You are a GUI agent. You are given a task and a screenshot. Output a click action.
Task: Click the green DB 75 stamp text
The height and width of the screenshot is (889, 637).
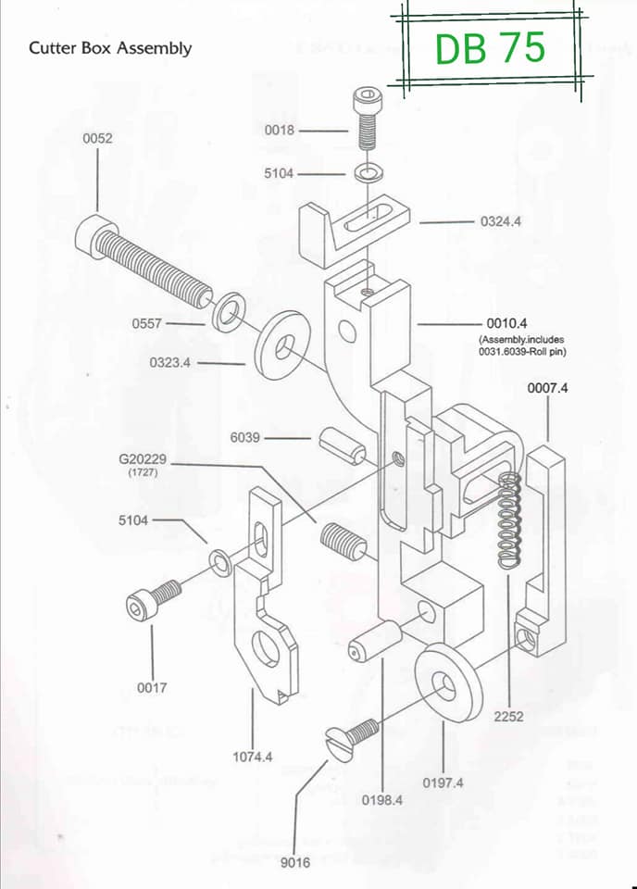[x=490, y=47]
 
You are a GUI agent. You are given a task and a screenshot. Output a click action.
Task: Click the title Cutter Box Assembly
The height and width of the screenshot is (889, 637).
[x=110, y=48]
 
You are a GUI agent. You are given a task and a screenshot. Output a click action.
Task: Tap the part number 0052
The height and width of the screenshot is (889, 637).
[x=97, y=138]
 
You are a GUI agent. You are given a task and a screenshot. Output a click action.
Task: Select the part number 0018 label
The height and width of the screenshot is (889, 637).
[x=280, y=131]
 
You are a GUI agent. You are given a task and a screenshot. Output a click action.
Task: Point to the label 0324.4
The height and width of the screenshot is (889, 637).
[x=500, y=221]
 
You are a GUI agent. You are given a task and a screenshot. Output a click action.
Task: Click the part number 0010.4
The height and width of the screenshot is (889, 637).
[x=506, y=323]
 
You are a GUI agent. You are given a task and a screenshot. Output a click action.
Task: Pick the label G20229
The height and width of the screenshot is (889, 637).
[x=143, y=459]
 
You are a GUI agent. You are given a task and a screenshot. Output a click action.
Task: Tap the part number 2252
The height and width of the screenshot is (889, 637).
[x=508, y=717]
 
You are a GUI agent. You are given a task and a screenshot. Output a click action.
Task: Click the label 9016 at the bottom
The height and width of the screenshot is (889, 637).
[x=295, y=862]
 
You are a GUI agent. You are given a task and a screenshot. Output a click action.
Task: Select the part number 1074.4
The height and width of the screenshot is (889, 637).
[x=252, y=757]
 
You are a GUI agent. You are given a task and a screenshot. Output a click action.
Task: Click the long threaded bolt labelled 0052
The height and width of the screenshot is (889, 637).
[x=144, y=261]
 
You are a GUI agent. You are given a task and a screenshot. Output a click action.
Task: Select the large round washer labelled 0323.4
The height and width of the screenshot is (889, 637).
[x=283, y=344]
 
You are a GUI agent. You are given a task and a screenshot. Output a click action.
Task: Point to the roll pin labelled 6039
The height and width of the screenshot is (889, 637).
[x=343, y=446]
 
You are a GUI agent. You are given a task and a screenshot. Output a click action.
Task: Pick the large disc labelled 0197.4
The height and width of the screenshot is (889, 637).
[x=448, y=682]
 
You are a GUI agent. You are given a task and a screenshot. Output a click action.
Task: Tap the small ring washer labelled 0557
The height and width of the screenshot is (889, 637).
[x=227, y=312]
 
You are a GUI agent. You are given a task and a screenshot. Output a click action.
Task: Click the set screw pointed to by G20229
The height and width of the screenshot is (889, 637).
[x=343, y=543]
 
